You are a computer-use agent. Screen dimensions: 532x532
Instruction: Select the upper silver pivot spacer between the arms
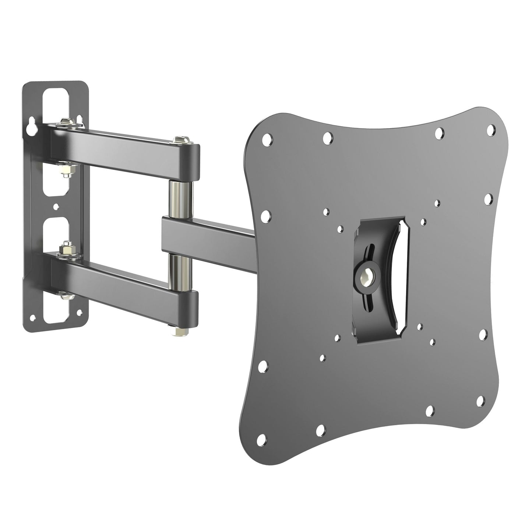(x=179, y=196)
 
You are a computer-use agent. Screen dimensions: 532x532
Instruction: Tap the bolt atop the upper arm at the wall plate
(x=67, y=120)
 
